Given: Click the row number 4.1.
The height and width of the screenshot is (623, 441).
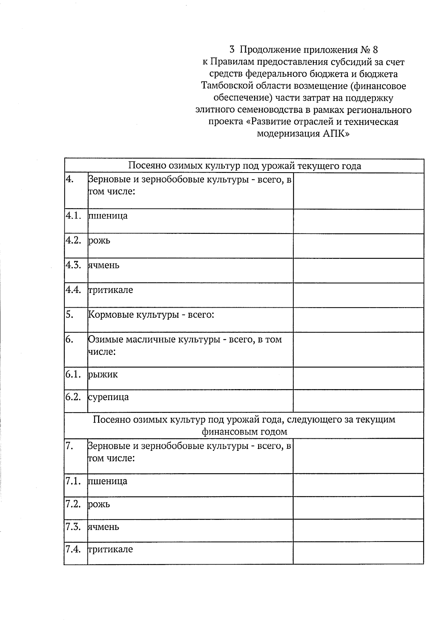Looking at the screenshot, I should [73, 215].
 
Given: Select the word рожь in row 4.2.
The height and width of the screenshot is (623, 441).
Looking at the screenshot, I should [99, 241].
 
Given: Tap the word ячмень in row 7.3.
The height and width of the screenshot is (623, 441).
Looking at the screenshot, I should [103, 527].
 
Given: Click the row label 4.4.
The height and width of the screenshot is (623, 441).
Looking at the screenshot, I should [73, 290].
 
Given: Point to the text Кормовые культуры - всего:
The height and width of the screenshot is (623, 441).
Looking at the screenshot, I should [151, 315].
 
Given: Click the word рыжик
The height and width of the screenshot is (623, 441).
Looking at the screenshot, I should [103, 375].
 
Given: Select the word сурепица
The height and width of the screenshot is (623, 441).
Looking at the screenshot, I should [108, 397].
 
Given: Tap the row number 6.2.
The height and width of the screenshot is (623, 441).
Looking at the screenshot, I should [73, 397].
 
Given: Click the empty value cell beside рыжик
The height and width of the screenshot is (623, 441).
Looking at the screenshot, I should [358, 378].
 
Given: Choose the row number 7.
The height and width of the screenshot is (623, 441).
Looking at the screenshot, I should [69, 446].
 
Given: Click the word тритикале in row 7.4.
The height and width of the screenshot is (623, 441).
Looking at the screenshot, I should [110, 550].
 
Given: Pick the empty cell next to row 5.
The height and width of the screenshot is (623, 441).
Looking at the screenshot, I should [358, 319].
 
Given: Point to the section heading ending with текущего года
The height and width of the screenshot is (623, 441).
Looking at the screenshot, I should [244, 166].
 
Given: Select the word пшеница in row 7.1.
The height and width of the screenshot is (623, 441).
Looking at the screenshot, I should [108, 481].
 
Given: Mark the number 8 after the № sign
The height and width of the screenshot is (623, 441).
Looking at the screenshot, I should [375, 50].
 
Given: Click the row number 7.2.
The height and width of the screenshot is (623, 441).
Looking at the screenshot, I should [73, 504].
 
